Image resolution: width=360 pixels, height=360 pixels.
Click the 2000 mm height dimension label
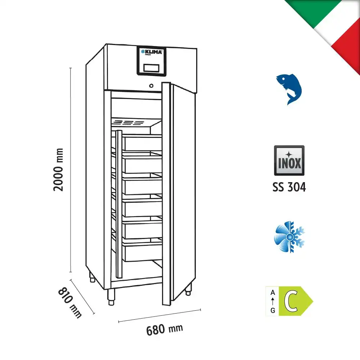(58, 170)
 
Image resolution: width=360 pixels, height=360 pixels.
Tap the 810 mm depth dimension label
(70, 303)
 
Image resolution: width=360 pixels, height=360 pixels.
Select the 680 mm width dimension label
(165, 329)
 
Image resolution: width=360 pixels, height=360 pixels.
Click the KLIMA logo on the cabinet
(152, 52)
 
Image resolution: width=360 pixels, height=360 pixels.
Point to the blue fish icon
(289, 89)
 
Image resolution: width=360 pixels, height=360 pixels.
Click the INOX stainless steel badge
(289, 161)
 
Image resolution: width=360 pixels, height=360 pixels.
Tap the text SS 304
(289, 187)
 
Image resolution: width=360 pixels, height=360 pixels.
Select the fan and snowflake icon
(289, 237)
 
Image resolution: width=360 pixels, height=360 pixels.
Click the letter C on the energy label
(291, 301)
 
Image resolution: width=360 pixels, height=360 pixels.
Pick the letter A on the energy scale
(273, 292)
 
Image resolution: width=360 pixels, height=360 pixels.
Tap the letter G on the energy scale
(273, 310)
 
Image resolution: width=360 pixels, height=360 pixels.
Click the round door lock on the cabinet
(151, 86)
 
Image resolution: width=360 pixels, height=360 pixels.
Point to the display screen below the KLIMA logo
(151, 68)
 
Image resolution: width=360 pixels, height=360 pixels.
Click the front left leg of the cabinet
(111, 297)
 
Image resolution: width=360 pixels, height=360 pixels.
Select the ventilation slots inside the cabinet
(128, 122)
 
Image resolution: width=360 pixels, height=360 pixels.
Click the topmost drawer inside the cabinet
(143, 143)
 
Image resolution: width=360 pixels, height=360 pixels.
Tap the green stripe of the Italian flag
(312, 11)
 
